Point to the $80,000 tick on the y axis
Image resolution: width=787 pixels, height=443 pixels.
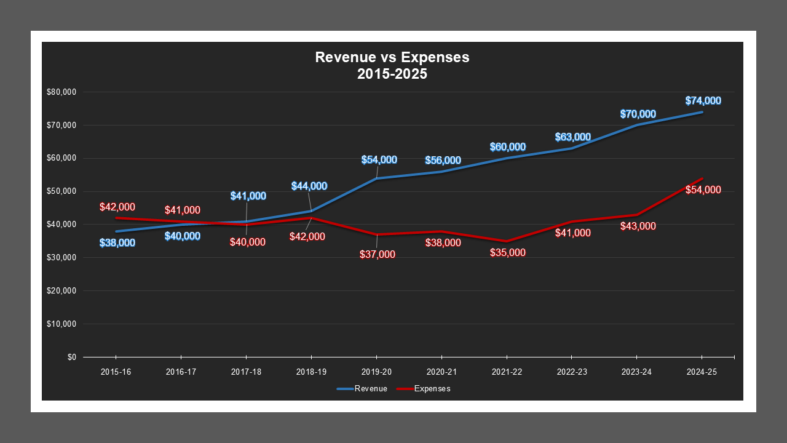point(61,92)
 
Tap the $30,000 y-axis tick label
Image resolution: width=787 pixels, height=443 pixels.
point(61,258)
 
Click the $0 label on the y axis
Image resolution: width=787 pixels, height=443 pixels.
point(71,357)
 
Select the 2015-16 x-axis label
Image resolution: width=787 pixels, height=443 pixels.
point(116,372)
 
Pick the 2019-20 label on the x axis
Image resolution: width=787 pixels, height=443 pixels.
point(376,372)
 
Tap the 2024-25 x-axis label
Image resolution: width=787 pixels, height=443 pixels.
point(702,372)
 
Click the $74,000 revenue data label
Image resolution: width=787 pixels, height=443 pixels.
point(703,101)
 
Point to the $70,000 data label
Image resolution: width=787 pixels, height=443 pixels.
point(638,114)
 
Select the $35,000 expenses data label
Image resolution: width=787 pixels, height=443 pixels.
point(508,253)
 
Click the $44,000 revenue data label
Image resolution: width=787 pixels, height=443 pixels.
point(309,186)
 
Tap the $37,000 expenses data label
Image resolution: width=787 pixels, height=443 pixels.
point(378,254)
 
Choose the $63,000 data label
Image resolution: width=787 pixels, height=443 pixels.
point(572,137)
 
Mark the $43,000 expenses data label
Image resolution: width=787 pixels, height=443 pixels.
point(638,226)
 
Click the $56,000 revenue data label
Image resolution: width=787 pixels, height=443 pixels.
point(443,161)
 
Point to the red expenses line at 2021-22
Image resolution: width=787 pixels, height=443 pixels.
point(507,241)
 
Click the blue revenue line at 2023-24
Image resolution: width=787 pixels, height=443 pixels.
point(637,125)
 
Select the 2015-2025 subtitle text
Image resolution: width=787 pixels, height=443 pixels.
point(392,74)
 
